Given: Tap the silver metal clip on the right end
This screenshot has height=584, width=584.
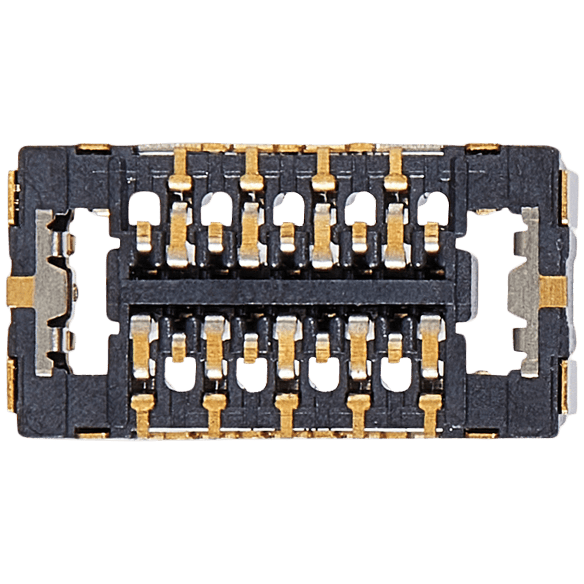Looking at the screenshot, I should tap(527, 289).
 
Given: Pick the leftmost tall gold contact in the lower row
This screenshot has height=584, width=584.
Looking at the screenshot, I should tap(141, 347).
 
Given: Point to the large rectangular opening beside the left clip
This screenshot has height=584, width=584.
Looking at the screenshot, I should tap(89, 289).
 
